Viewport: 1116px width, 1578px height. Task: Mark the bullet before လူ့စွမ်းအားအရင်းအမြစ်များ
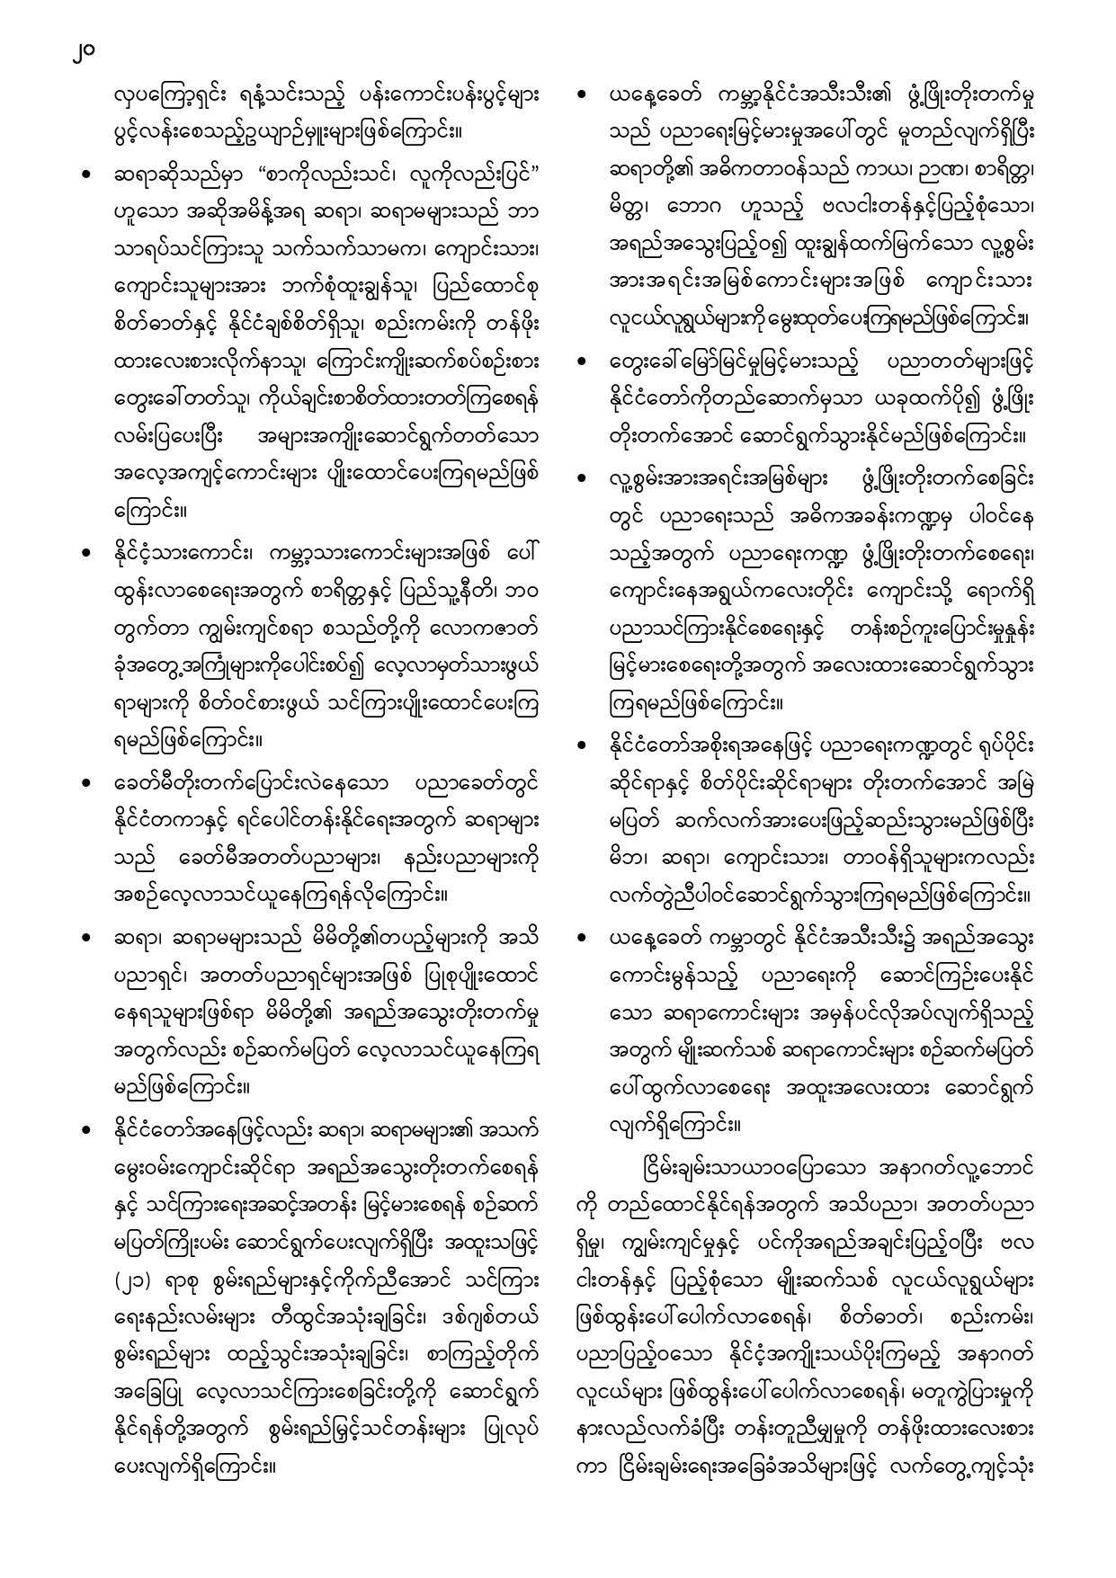pyautogui.click(x=585, y=479)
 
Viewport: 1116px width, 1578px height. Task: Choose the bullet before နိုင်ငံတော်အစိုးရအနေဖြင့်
pyautogui.click(x=585, y=745)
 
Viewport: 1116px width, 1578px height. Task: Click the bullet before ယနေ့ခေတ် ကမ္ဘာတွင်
pyautogui.click(x=585, y=939)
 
